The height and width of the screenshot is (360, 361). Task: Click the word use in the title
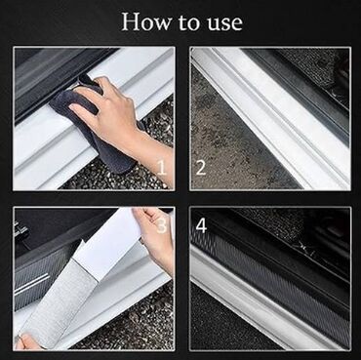(227, 23)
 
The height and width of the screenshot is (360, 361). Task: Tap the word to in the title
(192, 23)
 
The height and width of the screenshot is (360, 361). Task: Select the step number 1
(162, 168)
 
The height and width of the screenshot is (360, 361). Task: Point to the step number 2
(201, 168)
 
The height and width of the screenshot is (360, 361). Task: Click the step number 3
(162, 225)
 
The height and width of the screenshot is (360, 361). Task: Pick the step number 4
(201, 225)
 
